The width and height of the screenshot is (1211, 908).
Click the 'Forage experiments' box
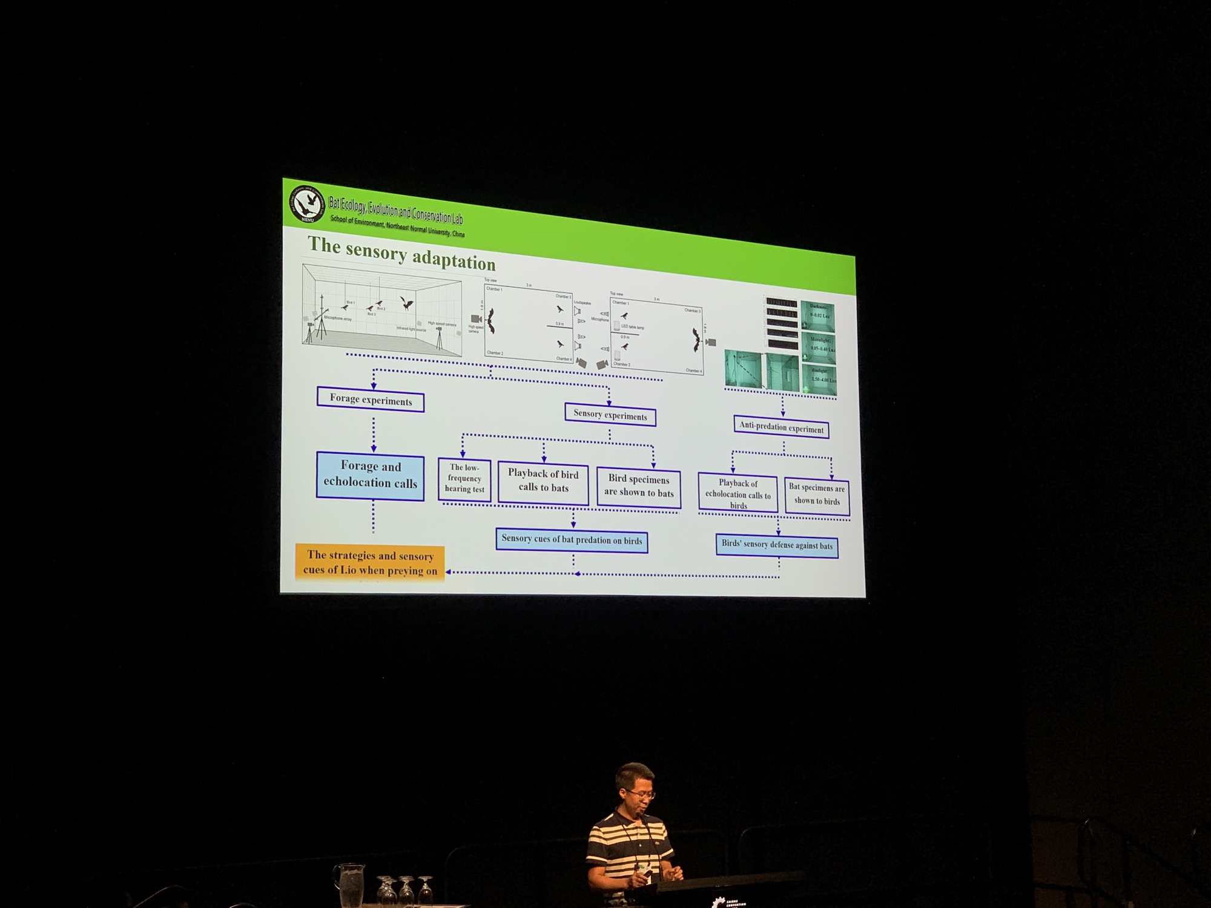click(370, 400)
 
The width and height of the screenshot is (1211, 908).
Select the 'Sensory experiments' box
click(610, 415)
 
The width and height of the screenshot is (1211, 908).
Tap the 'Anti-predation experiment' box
click(781, 427)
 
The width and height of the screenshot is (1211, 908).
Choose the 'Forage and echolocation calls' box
click(370, 475)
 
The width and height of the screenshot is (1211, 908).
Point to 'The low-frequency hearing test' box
click(464, 479)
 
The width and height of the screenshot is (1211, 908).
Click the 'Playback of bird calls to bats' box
click(543, 481)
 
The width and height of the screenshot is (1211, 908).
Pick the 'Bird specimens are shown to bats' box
click(639, 487)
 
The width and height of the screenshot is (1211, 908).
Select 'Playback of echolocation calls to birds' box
click(737, 493)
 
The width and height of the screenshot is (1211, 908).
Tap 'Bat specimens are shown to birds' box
click(817, 495)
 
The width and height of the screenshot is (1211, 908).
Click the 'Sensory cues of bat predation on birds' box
click(572, 540)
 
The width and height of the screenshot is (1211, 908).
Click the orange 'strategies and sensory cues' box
click(370, 562)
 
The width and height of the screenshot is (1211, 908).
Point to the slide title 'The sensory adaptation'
click(401, 253)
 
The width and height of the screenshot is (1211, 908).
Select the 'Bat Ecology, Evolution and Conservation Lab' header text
click(395, 209)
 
